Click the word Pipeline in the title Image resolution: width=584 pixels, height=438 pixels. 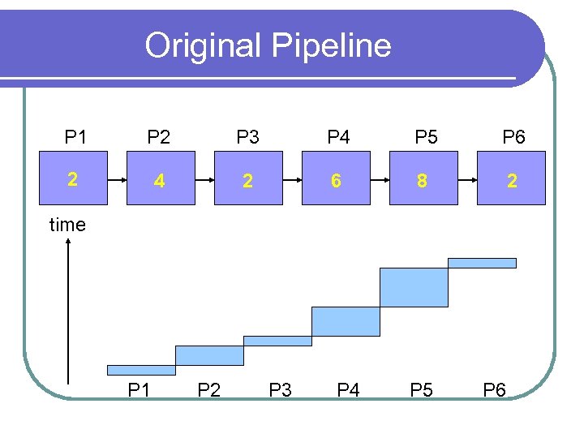coord(332,45)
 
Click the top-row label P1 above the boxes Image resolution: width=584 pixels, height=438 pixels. coord(75,137)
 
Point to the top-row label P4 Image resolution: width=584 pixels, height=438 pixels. coord(338,137)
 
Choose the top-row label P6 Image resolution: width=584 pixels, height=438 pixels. coord(513,137)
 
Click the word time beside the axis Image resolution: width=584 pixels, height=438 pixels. coord(67,225)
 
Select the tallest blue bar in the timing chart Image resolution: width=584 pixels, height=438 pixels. coord(414,287)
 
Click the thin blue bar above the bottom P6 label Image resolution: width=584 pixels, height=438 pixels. coord(482,263)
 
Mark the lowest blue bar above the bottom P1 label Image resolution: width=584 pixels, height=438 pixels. coord(141,370)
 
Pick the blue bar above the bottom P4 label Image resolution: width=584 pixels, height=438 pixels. coord(346,321)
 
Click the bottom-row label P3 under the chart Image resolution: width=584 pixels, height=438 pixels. coord(280,391)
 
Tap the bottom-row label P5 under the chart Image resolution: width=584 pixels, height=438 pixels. coord(422,391)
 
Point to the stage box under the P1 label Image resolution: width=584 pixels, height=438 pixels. coord(73,180)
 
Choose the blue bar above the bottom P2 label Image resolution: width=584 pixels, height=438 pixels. coord(209,355)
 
